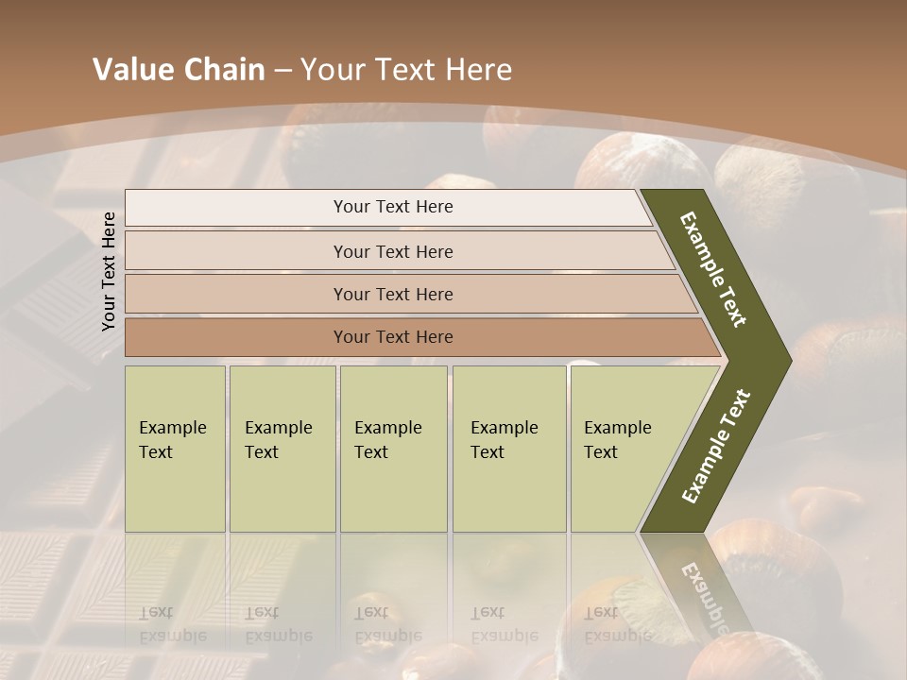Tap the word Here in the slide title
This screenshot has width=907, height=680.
click(x=478, y=70)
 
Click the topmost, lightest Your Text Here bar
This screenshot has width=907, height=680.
click(x=393, y=207)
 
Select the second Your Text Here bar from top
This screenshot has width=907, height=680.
click(x=393, y=251)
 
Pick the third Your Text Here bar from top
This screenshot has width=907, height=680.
click(x=393, y=294)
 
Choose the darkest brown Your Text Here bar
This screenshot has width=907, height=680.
click(x=393, y=337)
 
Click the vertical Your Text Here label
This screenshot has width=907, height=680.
click(x=109, y=271)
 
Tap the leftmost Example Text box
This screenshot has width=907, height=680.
click(x=175, y=449)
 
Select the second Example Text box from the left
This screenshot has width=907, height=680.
click(x=282, y=449)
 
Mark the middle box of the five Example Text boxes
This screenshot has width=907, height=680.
click(x=393, y=449)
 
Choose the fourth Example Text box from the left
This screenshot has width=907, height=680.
click(x=508, y=449)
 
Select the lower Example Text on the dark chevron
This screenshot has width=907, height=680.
click(x=716, y=446)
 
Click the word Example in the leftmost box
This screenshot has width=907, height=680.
click(x=172, y=428)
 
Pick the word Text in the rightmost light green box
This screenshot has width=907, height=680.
click(x=600, y=452)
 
